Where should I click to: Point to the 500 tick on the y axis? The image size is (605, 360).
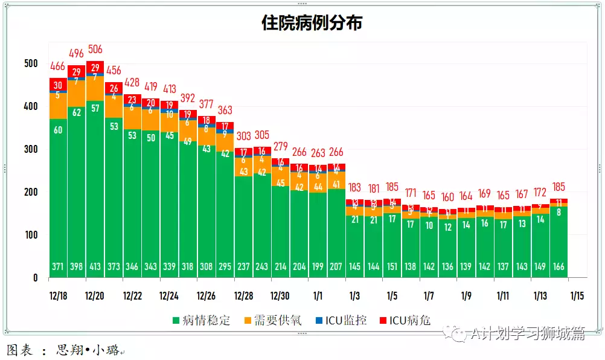point(31,63)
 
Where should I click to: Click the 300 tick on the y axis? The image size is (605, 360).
point(31,149)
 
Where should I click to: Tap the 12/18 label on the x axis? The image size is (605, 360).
point(59,296)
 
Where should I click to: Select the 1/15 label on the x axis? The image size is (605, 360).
point(577,296)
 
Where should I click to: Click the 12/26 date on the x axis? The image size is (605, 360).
point(206,296)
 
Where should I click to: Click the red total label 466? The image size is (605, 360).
point(58,66)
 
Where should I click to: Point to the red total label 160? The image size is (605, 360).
point(447,198)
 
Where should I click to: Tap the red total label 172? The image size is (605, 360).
point(540,193)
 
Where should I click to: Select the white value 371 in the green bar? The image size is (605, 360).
point(58,267)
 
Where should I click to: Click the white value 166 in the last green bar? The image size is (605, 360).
point(559,267)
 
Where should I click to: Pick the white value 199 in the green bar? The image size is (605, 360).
point(318,267)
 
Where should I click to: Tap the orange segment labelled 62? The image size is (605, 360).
point(77,112)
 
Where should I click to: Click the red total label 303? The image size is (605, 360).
point(243,136)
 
